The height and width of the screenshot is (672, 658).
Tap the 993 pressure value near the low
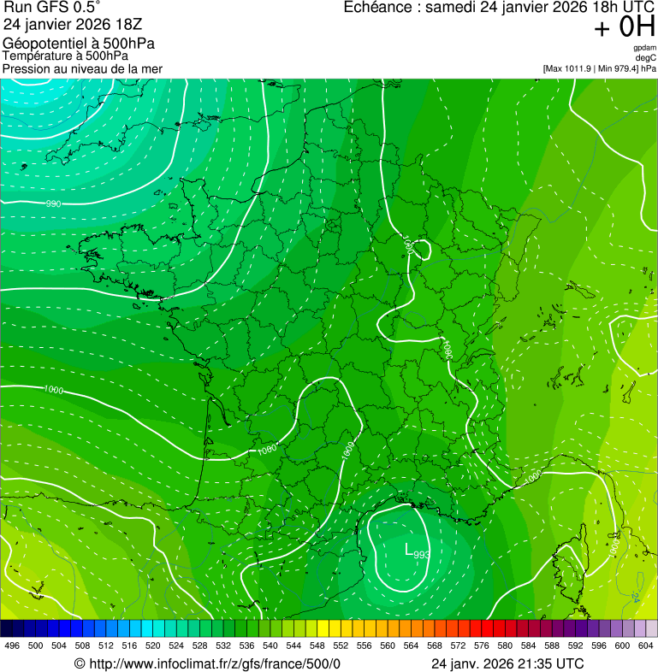pos(421,555)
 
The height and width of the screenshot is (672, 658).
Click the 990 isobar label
pos(53,203)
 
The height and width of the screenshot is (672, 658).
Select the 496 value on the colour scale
pos(12,645)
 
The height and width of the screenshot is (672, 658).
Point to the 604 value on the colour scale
pos(646,645)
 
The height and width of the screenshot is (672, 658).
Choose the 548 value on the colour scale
pos(317,645)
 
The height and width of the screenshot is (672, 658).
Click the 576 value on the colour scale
pos(482,645)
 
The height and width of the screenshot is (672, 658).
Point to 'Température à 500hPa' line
pos(65,56)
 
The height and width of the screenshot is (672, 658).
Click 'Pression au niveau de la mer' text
pos(82,68)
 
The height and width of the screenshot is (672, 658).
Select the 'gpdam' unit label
pos(644,48)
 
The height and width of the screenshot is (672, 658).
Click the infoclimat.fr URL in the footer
pos(214,663)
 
